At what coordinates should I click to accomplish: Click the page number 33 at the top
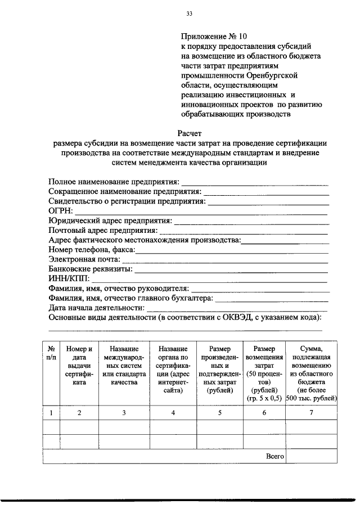point(190,13)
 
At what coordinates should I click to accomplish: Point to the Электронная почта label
point(84,259)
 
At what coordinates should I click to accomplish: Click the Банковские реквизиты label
point(91,269)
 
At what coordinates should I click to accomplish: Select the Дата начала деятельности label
point(96,308)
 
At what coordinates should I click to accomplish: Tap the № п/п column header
point(51,353)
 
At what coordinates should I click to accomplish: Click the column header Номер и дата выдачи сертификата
point(79,365)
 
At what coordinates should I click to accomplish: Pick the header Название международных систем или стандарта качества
point(124,365)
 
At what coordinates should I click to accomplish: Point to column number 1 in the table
point(51,413)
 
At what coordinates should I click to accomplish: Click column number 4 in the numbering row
point(173,413)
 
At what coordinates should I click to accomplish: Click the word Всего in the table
point(274,456)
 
